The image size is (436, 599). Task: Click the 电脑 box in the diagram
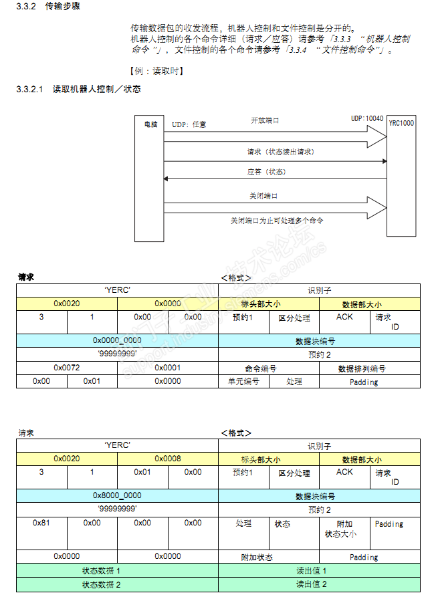[x=150, y=124]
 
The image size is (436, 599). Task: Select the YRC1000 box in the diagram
[x=401, y=124]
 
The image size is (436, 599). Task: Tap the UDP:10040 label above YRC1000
[x=367, y=118]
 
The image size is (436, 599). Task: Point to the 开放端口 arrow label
[x=265, y=120]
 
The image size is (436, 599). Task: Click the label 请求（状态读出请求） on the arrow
[x=280, y=152]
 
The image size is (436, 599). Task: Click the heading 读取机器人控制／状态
[x=96, y=89]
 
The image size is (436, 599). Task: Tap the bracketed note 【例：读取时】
[x=155, y=71]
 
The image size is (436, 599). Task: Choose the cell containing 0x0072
[x=67, y=368]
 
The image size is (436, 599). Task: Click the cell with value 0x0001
[x=168, y=368]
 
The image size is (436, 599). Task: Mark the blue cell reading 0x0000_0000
[x=117, y=340]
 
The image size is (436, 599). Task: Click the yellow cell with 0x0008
[x=168, y=459]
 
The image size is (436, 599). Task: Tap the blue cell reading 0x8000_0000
[x=117, y=496]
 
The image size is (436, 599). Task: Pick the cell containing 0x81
[x=41, y=523]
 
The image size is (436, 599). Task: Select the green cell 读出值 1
[x=312, y=570]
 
